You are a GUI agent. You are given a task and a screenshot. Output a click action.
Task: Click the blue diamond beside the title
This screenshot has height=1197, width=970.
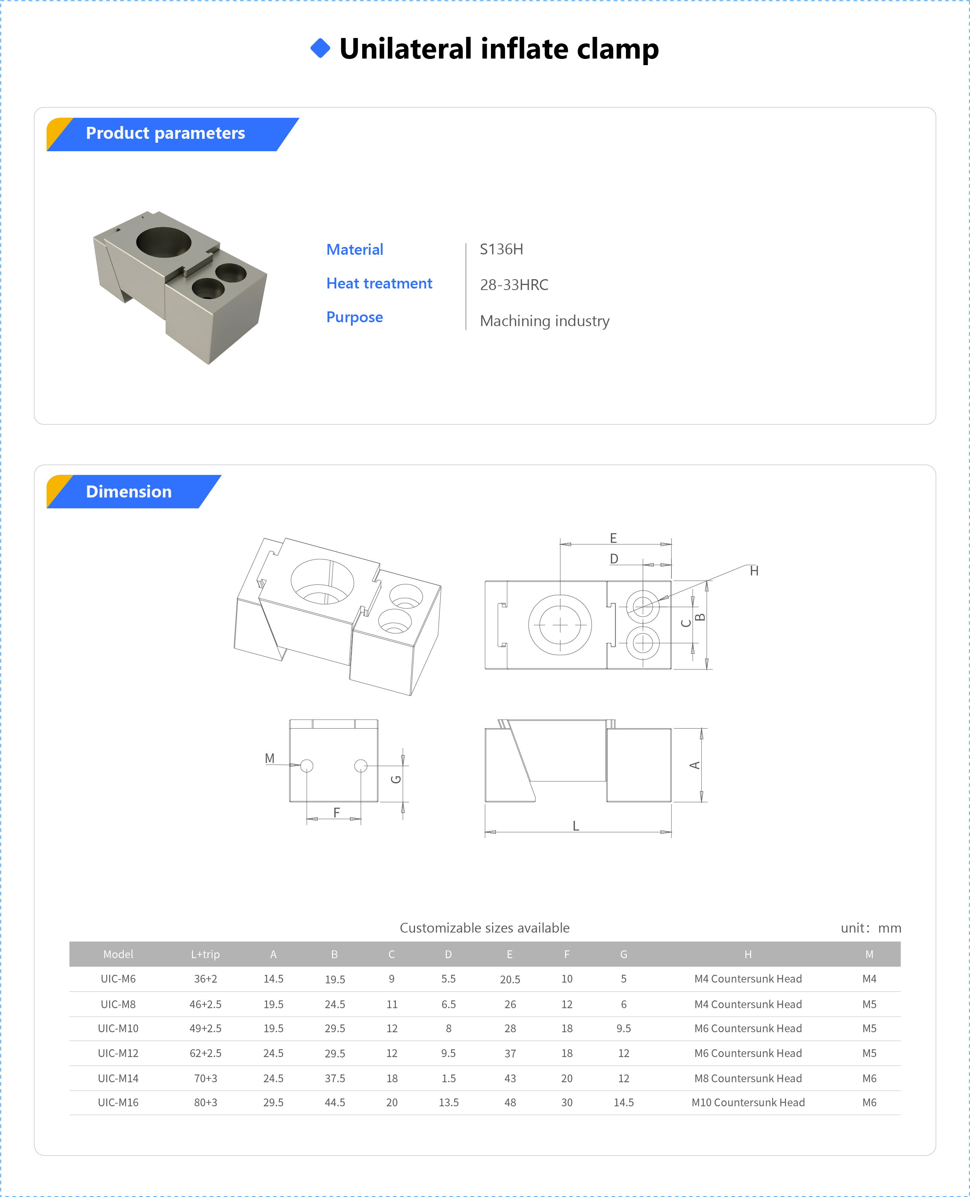click(320, 48)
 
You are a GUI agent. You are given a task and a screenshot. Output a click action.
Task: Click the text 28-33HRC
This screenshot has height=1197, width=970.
click(514, 285)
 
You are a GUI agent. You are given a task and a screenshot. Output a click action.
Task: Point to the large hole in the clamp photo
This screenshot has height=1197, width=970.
click(164, 242)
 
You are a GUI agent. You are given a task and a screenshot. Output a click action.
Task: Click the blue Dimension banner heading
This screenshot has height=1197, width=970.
click(128, 492)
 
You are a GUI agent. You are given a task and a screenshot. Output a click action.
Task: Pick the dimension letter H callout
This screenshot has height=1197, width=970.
click(754, 571)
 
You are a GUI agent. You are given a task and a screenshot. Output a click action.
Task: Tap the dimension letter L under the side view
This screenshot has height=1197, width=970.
click(576, 826)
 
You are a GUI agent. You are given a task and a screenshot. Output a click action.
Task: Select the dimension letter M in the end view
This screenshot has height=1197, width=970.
click(269, 758)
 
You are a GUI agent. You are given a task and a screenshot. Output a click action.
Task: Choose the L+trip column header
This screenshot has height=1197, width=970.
click(205, 954)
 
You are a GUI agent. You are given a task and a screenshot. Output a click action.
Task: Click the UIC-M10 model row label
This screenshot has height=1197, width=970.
click(118, 1028)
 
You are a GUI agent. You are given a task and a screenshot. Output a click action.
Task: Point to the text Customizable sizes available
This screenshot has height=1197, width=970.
click(484, 928)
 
